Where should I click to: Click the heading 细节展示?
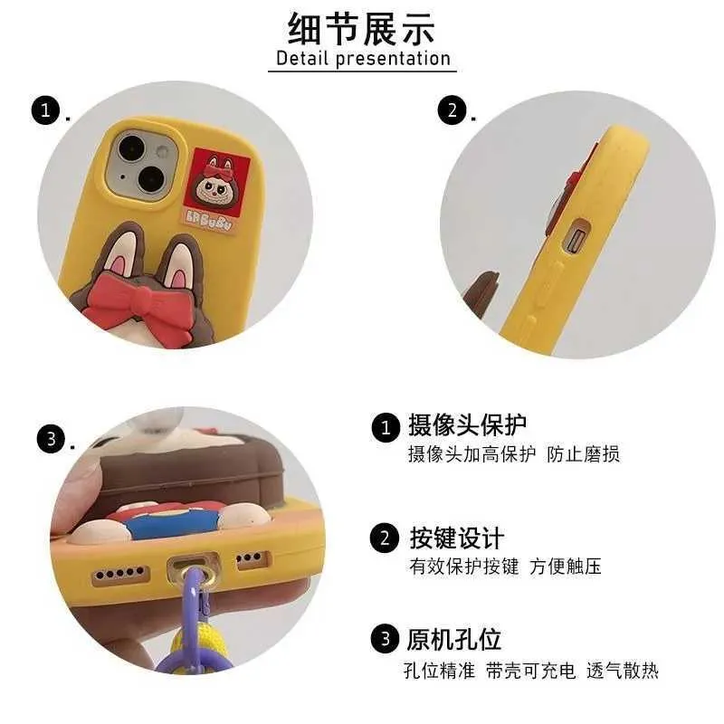coord(360,29)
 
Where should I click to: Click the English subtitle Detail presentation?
coord(363,59)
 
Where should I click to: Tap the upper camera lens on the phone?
coord(131,148)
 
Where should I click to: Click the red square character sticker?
coord(216,190)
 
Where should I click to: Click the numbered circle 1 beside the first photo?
coord(45,110)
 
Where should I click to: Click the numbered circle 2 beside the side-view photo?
coord(452,110)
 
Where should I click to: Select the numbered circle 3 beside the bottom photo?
coord(51,439)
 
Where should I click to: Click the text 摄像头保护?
coord(467,424)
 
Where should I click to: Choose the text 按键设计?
coord(457,538)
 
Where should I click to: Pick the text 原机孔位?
coord(454,640)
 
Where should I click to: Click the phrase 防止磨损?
coord(583,454)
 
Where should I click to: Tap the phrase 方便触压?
coord(566,567)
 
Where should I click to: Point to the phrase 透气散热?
coord(623,671)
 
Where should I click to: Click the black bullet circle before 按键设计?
coord(384,538)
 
